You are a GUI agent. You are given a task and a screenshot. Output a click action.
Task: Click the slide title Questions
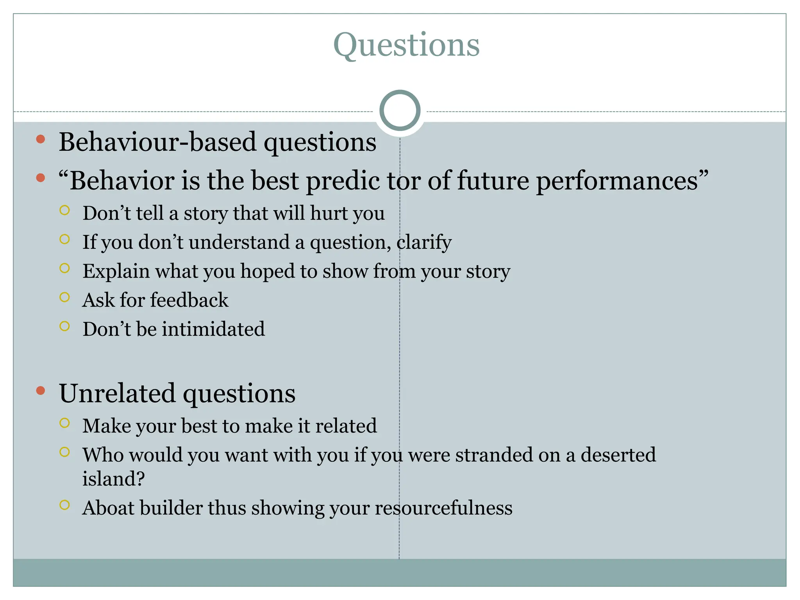[x=406, y=45]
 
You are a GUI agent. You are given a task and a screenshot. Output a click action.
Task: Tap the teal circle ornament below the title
[x=400, y=111]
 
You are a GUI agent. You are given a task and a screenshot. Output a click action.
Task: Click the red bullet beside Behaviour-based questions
[x=41, y=139]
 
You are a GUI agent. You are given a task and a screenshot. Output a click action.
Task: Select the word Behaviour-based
[x=157, y=142]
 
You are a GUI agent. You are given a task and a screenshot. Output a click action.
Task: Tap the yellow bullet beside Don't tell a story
[x=65, y=211]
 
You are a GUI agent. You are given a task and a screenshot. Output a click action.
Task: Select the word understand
[x=239, y=242]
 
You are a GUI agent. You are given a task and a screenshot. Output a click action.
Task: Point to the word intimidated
[x=213, y=329]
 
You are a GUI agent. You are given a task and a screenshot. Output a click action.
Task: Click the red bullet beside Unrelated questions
[x=41, y=391]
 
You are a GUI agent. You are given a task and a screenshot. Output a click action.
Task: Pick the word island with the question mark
[x=113, y=479]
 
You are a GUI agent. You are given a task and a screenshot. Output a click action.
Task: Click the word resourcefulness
[x=443, y=508]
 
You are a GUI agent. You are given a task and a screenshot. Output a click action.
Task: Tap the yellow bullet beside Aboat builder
[x=65, y=505]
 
